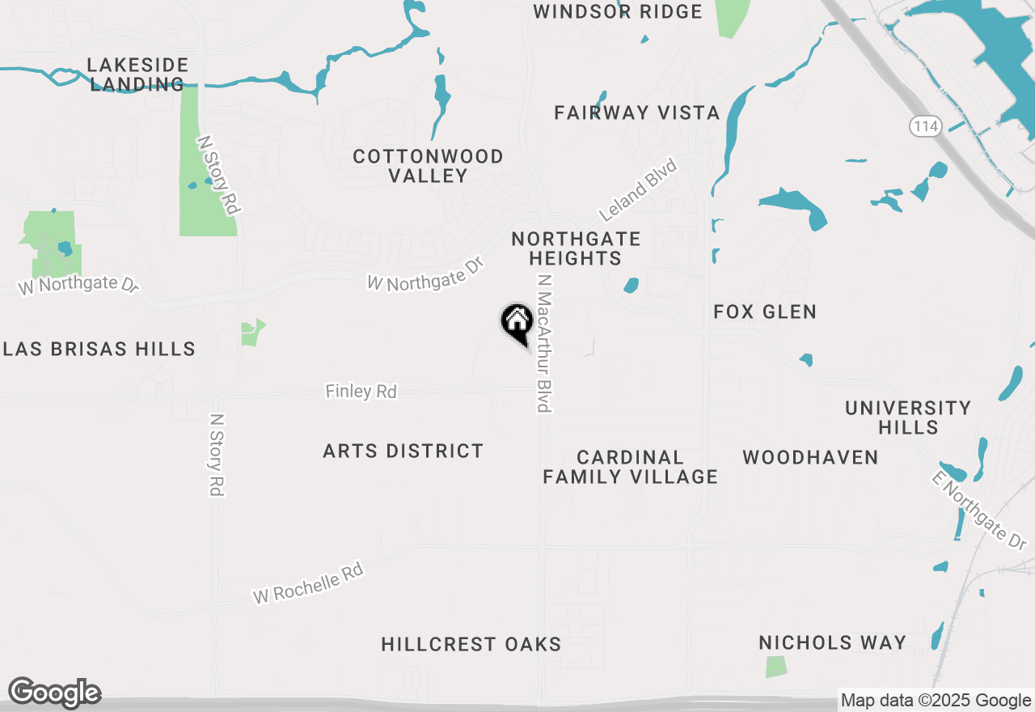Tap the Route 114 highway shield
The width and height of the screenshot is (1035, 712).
923,126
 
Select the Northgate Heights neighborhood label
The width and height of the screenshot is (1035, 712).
576,248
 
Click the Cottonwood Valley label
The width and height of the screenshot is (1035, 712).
429,166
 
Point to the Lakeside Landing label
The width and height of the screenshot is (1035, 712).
137,74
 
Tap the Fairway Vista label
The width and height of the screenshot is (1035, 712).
637,113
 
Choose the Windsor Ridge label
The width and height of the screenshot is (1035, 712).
618,11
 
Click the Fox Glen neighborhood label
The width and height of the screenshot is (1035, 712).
765,311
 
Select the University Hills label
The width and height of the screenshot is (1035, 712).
908,417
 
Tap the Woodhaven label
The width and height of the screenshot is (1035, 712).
810,458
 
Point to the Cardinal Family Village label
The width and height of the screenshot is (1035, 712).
631,468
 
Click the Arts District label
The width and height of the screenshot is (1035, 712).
403,451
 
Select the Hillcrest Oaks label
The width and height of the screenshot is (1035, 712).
471,644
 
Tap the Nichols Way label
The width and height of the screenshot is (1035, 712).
832,642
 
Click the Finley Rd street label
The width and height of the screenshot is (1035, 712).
361,392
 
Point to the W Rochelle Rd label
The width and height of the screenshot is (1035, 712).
308,583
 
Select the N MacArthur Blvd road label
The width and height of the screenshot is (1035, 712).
544,342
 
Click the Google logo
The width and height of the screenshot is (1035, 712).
54,693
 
